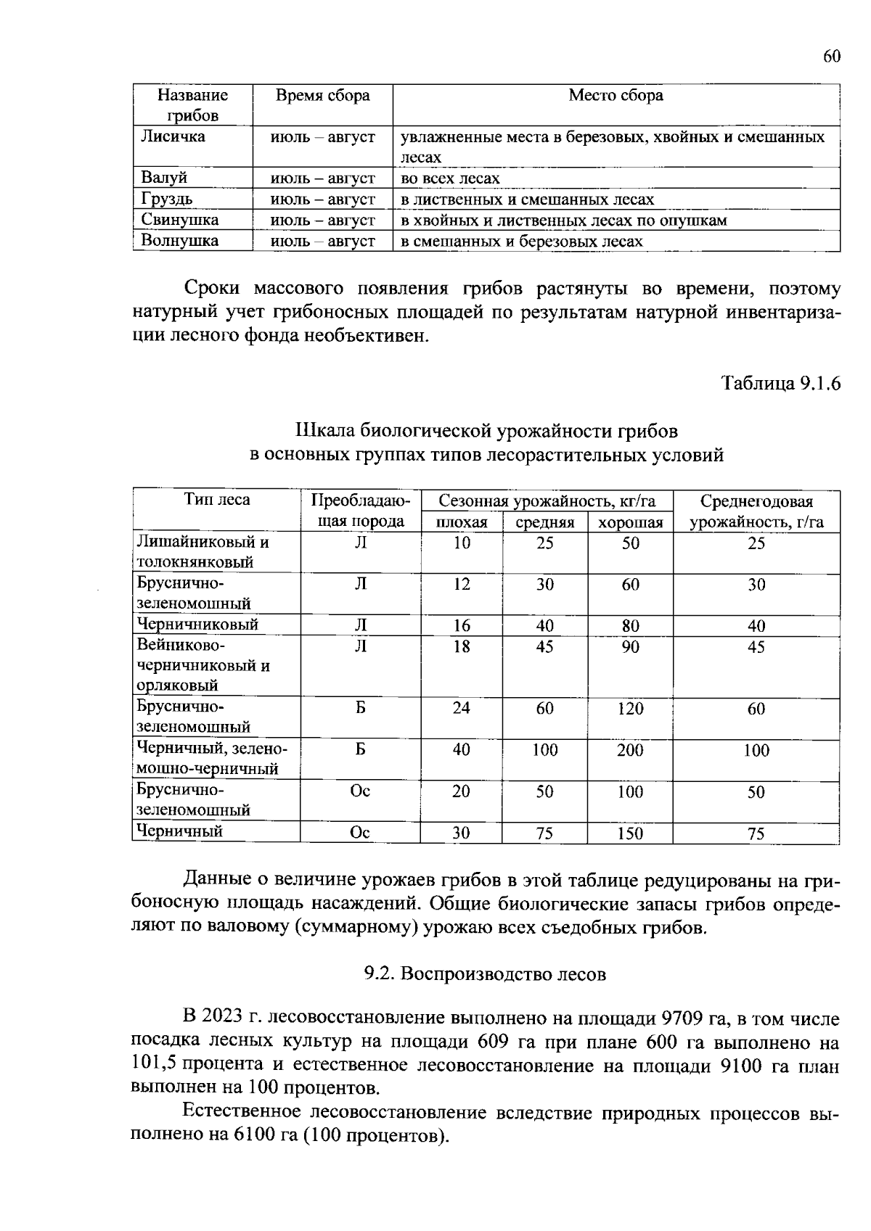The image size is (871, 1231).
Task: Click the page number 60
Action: point(832,57)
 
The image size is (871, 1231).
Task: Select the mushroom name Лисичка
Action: point(173,137)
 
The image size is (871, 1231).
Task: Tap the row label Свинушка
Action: point(179,221)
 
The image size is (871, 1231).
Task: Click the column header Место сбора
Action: point(616,96)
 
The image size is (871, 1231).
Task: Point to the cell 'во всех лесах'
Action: point(450,178)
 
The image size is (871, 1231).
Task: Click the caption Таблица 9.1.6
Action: point(780,384)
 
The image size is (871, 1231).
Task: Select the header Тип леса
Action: point(217,500)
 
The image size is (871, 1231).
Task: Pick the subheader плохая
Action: point(461,522)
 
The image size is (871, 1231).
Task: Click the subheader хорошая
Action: point(630,522)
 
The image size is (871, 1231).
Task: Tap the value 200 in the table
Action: point(630,751)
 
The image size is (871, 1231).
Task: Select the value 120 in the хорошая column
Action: point(630,709)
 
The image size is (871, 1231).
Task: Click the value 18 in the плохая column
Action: point(462,646)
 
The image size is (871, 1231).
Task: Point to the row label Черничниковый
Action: point(198,625)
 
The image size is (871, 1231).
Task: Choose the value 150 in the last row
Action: point(630,834)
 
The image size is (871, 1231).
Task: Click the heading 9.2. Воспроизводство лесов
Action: point(485,974)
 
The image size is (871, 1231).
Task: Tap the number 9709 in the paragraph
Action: point(683,1019)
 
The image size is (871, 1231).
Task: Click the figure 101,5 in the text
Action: point(154,1065)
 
